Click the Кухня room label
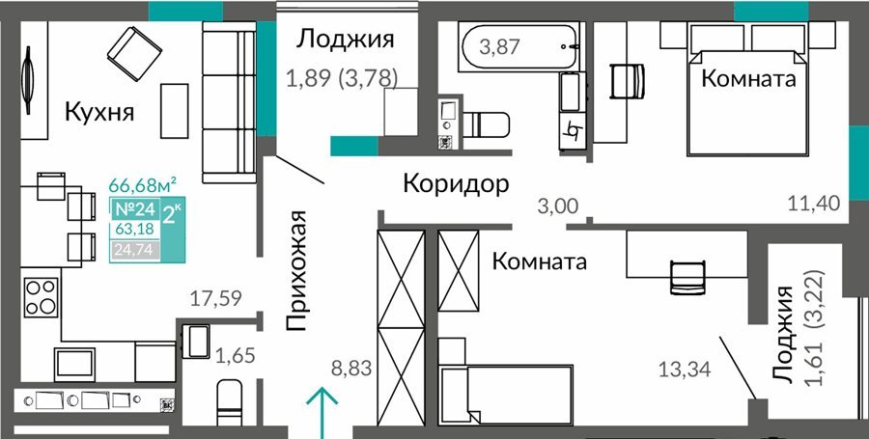[x=99, y=113]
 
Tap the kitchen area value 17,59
[x=215, y=299]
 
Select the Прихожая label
[x=296, y=271]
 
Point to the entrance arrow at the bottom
[x=322, y=413]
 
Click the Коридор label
[x=456, y=183]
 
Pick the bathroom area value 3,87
[x=500, y=47]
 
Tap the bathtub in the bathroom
[x=519, y=47]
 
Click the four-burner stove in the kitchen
[x=41, y=297]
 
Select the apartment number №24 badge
[x=134, y=209]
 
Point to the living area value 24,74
[x=136, y=250]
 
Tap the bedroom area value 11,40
[x=814, y=204]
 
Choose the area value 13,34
[x=685, y=369]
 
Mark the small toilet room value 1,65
[x=235, y=355]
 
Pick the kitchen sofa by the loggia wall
[x=229, y=102]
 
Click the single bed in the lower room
[x=505, y=395]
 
